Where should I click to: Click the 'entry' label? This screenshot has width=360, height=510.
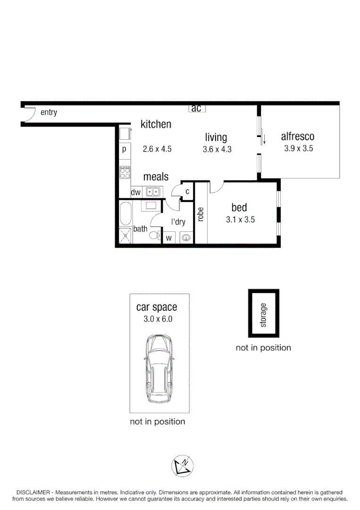click(x=49, y=112)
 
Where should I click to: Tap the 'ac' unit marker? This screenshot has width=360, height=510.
click(x=196, y=109)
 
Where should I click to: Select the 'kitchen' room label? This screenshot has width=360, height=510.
click(x=156, y=125)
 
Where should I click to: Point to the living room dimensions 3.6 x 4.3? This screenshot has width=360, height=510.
click(x=217, y=149)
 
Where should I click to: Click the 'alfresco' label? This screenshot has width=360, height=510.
click(x=297, y=137)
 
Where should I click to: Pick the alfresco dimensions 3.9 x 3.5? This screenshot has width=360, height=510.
click(x=299, y=148)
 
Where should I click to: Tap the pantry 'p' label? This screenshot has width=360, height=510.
click(x=124, y=149)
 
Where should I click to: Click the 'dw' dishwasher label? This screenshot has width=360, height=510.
click(x=136, y=192)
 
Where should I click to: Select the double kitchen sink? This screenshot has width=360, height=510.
click(x=153, y=192)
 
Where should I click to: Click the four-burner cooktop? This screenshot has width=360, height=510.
click(x=125, y=172)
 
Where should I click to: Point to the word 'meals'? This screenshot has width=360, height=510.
click(x=156, y=177)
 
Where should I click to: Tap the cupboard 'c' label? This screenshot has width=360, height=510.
click(x=187, y=191)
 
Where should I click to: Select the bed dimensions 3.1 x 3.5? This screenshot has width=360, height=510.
click(x=240, y=220)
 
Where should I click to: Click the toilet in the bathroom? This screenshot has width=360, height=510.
click(x=155, y=235)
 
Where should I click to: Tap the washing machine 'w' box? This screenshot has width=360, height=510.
click(x=168, y=238)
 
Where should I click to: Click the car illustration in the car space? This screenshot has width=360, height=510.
click(x=159, y=369)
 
